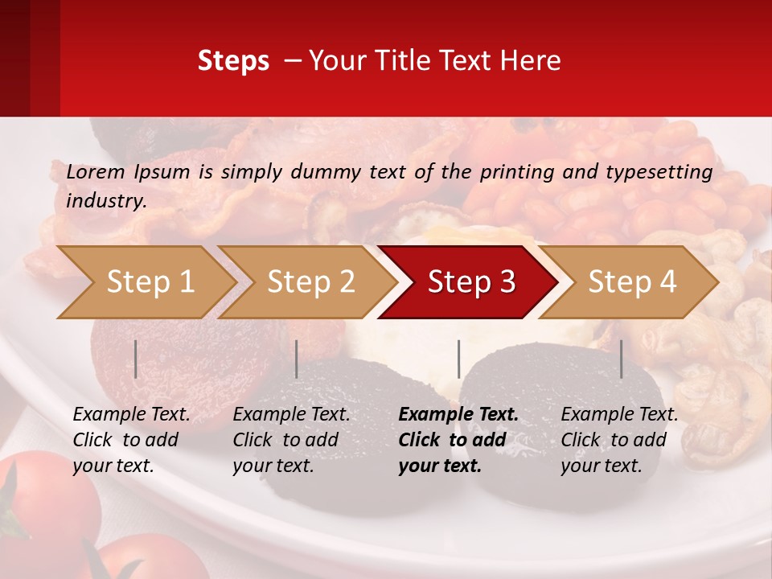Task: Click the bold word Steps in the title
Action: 233,61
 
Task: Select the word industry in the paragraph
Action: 105,200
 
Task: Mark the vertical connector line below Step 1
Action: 136,359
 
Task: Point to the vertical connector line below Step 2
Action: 297,359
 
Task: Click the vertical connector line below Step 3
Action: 459,359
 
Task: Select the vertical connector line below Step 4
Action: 622,359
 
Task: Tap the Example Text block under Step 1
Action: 131,440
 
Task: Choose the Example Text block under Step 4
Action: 619,440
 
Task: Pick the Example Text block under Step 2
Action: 291,440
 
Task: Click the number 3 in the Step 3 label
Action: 506,282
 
